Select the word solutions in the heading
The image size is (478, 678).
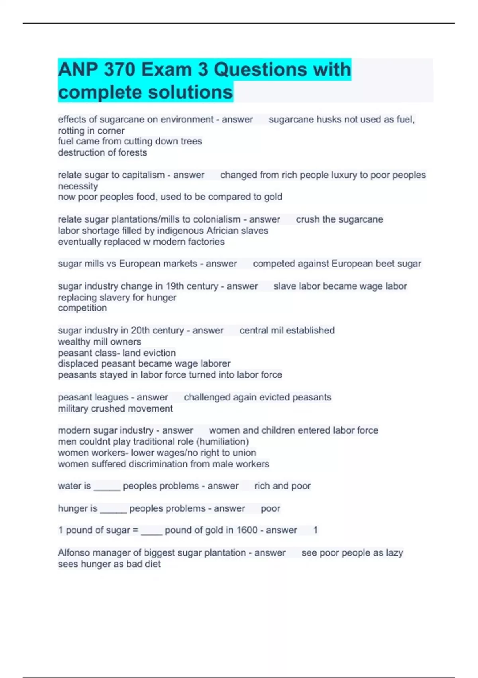click(x=190, y=92)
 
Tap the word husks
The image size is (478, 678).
click(x=330, y=120)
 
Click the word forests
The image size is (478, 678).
click(x=132, y=152)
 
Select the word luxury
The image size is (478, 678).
click(x=345, y=175)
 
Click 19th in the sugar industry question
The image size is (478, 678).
click(x=176, y=286)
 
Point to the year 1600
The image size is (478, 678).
click(x=247, y=530)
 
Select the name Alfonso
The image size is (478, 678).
click(x=74, y=553)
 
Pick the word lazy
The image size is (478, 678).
click(x=394, y=553)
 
